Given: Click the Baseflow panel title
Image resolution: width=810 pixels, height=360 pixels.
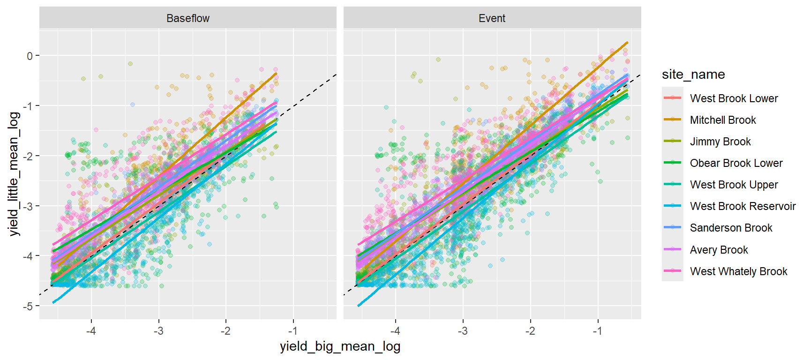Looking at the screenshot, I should point(187,18).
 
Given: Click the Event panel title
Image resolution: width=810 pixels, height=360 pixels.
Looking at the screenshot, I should point(492,18).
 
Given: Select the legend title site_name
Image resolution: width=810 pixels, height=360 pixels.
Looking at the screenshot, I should point(693,75).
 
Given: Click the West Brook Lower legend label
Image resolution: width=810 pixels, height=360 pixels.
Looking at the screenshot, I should point(734,98).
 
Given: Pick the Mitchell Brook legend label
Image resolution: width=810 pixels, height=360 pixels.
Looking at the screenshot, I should point(723,120).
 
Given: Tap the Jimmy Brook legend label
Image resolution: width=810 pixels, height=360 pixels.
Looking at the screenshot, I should point(720,142).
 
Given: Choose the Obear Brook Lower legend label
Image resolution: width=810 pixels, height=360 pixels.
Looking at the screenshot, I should point(736,163).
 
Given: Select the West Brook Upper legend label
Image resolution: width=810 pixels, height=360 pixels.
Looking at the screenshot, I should point(734,185).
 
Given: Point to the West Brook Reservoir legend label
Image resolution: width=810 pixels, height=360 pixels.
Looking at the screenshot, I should point(742,206).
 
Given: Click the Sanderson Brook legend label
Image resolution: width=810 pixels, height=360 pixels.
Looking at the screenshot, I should point(731,228).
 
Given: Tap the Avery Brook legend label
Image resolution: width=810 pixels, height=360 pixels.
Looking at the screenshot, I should point(719,250).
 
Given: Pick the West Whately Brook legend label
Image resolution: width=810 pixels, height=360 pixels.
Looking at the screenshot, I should point(738,271).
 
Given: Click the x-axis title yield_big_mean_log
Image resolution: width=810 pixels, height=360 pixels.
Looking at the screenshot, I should point(340,346).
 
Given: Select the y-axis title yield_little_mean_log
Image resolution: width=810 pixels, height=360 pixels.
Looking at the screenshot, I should point(14,174).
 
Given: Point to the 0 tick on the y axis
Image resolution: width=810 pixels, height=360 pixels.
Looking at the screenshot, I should point(30,56).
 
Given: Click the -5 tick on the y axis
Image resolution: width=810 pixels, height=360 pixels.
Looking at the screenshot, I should point(29,306).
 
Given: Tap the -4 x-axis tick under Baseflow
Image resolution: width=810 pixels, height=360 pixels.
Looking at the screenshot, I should point(91,331).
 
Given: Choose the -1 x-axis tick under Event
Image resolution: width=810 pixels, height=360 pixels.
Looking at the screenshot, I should point(597,331).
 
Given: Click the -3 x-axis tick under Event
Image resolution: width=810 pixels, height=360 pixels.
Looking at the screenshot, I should point(463,331).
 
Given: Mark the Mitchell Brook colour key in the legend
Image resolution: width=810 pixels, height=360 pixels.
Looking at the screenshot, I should point(672,120).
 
